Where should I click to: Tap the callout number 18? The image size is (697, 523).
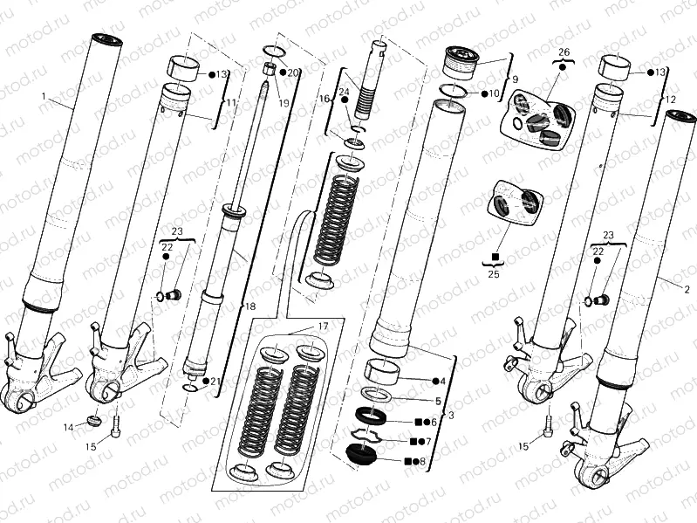(251, 306)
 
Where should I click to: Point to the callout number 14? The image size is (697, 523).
(69, 427)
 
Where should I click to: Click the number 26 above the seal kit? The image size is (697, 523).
(564, 52)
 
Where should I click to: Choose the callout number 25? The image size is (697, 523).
(495, 274)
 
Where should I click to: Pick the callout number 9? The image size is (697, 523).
(515, 79)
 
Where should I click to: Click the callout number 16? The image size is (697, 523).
(325, 100)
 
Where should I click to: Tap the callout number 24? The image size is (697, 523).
(344, 92)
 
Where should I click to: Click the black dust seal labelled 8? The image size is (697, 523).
(359, 455)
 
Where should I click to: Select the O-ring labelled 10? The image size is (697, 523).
(452, 90)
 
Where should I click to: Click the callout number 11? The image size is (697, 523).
(230, 103)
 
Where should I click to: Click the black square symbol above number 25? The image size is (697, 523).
(495, 257)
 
